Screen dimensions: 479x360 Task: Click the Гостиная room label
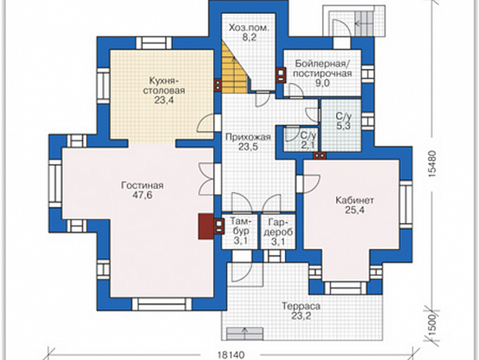(142, 185)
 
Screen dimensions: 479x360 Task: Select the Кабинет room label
(354, 200)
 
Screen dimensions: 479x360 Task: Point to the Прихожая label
(248, 137)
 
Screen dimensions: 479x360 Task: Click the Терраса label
(301, 306)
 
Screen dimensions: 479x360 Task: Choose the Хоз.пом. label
(249, 28)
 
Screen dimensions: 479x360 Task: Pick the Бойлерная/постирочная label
(323, 69)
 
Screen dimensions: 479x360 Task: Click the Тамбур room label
(241, 226)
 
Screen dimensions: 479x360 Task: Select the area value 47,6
(142, 195)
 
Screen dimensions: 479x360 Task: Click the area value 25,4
(354, 210)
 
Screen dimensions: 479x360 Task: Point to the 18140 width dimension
(231, 355)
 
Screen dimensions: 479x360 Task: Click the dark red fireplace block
(206, 226)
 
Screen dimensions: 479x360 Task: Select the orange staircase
(233, 68)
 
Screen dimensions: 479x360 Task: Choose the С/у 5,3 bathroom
(341, 125)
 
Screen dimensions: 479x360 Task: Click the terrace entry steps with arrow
(245, 333)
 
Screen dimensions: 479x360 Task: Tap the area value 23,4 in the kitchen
(164, 100)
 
